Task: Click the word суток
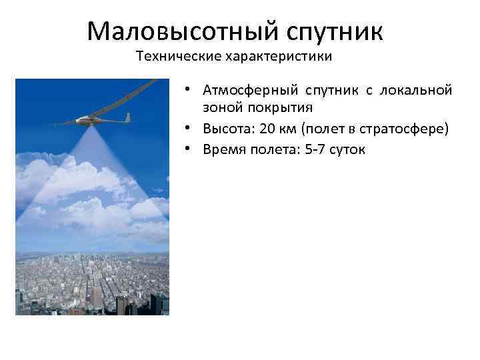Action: click(348, 149)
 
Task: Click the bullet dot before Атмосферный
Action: click(189, 89)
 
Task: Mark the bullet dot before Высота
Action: click(189, 128)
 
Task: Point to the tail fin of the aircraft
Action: click(127, 117)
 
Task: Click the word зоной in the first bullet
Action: click(219, 107)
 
